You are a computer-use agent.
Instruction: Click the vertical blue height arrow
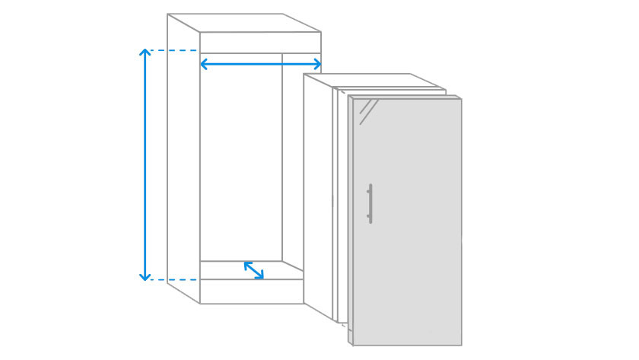pos(145,164)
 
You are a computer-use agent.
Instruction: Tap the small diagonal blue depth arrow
pos(254,270)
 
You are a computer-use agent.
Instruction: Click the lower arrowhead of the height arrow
pos(145,277)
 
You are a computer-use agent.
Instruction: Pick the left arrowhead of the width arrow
pos(204,65)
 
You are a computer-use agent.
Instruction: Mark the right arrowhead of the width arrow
pos(317,65)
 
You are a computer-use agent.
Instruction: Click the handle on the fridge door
pos(370,203)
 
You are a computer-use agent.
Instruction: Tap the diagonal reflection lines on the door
pos(367,110)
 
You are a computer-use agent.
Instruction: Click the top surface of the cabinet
pos(243,23)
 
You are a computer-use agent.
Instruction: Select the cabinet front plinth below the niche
pos(251,292)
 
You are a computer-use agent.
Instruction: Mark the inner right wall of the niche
pos(292,160)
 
